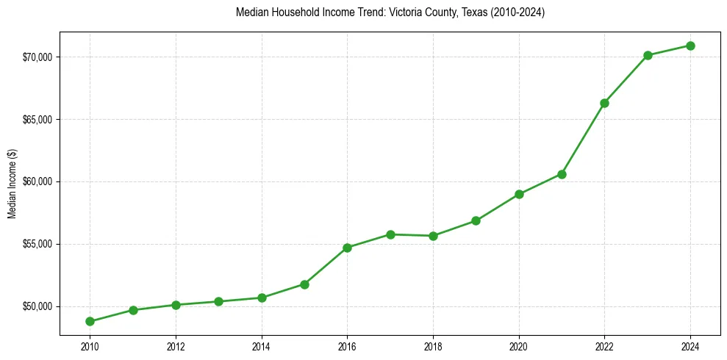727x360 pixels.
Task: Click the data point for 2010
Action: click(x=90, y=321)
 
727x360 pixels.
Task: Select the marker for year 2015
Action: click(x=304, y=284)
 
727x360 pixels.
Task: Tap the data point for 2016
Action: click(x=347, y=248)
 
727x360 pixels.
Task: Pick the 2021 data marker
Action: click(x=562, y=174)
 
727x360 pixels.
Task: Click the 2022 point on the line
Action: click(x=604, y=103)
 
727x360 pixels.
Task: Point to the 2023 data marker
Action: click(x=648, y=55)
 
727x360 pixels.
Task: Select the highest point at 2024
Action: click(x=690, y=46)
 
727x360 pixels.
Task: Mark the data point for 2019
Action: click(x=476, y=220)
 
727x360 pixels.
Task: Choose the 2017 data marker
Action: click(x=390, y=234)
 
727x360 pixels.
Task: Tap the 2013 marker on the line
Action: click(x=218, y=301)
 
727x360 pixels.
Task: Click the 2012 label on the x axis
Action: click(x=176, y=346)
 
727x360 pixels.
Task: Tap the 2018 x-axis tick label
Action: click(x=433, y=346)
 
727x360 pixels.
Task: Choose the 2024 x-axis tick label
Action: click(x=690, y=346)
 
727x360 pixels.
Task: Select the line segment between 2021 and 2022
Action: click(x=583, y=139)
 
